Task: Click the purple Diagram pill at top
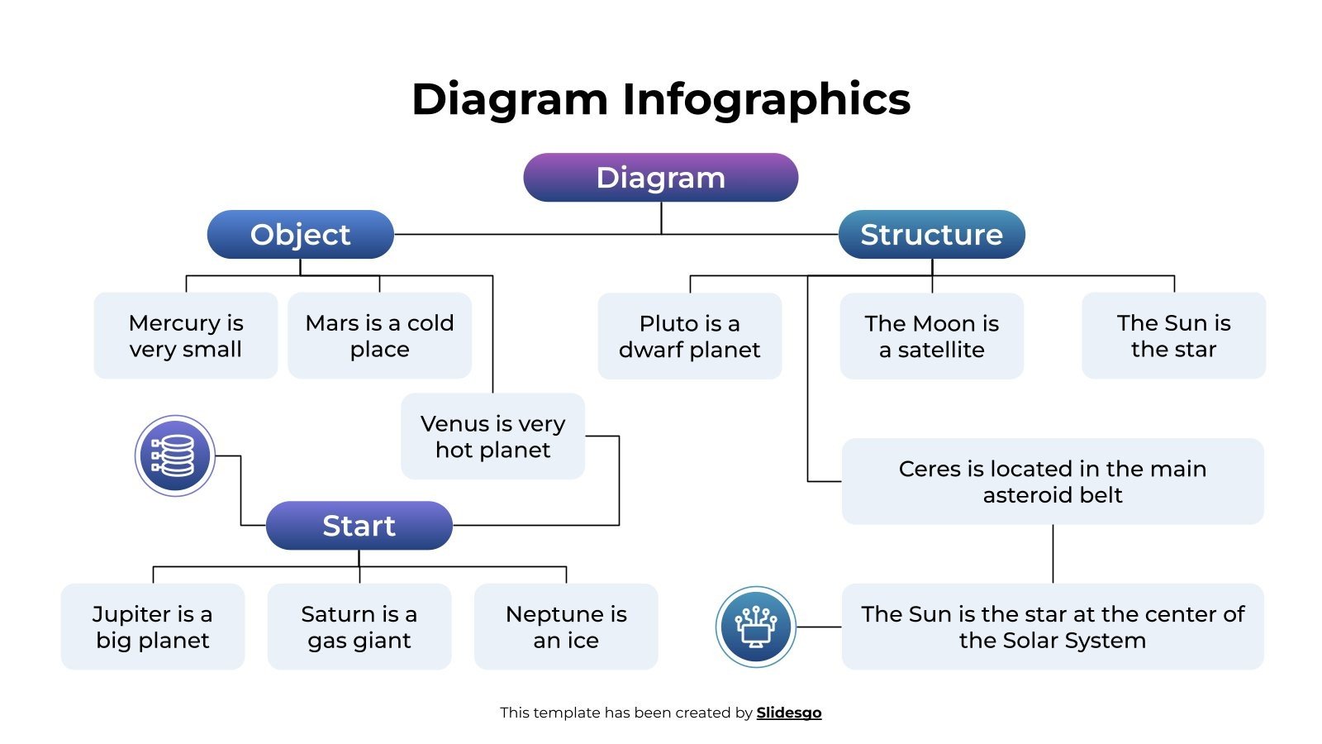tap(660, 178)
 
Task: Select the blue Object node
tap(300, 235)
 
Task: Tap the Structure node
tap(931, 235)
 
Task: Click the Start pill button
tap(359, 526)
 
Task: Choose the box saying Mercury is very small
tap(186, 336)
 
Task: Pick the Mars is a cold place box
tap(379, 336)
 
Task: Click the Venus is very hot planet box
tap(492, 436)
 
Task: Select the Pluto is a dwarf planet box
tap(689, 336)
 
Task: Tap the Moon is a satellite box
tap(931, 336)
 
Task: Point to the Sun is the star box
tap(1173, 336)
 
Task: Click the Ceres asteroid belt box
tap(1052, 481)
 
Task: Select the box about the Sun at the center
tap(1052, 627)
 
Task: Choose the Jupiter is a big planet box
tap(153, 627)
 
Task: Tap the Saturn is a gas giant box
tap(359, 627)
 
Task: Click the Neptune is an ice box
tap(566, 627)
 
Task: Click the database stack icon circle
tap(175, 455)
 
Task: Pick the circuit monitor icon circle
tap(755, 627)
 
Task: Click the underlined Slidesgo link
tap(788, 713)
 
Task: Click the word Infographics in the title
tap(766, 100)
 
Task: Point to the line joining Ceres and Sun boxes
tap(1053, 554)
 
